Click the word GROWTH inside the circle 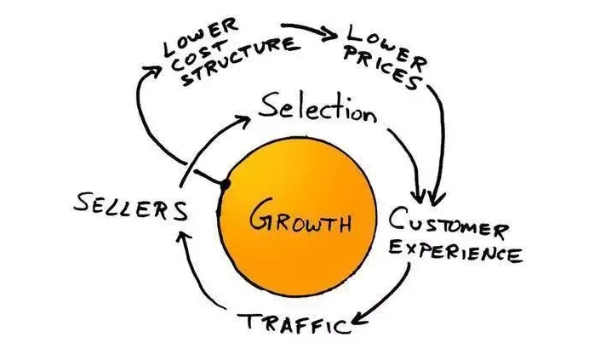click(300, 224)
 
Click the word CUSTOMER click(448, 226)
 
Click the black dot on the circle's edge click(226, 183)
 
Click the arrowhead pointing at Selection click(243, 120)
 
